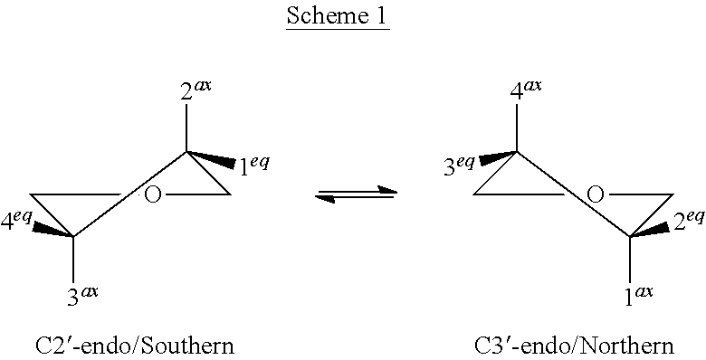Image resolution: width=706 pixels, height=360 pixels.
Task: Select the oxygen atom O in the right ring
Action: point(595,194)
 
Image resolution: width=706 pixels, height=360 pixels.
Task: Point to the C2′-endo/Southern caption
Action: point(135,345)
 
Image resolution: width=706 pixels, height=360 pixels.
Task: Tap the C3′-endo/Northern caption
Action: point(574,345)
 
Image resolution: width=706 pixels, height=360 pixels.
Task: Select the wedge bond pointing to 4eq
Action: point(53,230)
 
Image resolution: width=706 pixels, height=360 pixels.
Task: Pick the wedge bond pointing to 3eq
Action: point(497,157)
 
